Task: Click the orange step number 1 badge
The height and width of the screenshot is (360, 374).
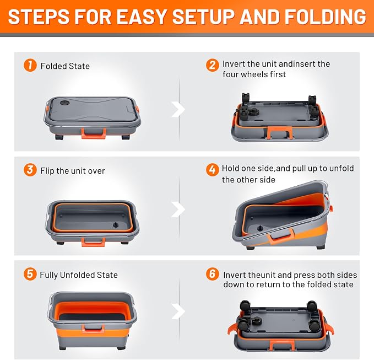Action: pyautogui.click(x=30, y=65)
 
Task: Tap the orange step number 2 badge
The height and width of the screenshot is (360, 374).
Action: pyautogui.click(x=212, y=65)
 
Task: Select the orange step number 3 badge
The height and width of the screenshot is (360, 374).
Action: pyautogui.click(x=30, y=170)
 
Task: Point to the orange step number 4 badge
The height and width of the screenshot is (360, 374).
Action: pyautogui.click(x=212, y=170)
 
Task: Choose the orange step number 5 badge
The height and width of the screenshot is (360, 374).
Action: pyautogui.click(x=30, y=274)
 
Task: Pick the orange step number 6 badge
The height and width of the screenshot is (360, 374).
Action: pyautogui.click(x=212, y=274)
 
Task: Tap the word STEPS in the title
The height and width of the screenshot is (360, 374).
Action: pyautogui.click(x=38, y=17)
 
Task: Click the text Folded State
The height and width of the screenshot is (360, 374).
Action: pyautogui.click(x=65, y=66)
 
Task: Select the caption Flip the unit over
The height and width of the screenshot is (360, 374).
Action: pyautogui.click(x=73, y=171)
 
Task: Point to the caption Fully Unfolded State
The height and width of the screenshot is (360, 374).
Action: pyautogui.click(x=79, y=275)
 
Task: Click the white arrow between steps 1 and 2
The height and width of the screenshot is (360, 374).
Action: pyautogui.click(x=178, y=109)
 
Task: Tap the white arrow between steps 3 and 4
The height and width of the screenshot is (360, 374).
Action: pyautogui.click(x=178, y=209)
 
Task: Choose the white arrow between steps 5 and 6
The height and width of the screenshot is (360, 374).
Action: pyautogui.click(x=178, y=311)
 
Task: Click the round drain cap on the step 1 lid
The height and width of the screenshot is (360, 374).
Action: pyautogui.click(x=64, y=103)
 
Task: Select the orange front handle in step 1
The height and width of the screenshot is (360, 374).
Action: pyautogui.click(x=94, y=133)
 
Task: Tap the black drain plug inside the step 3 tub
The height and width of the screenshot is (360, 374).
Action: pyautogui.click(x=116, y=225)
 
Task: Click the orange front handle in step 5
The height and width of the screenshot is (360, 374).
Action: pyautogui.click(x=93, y=329)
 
